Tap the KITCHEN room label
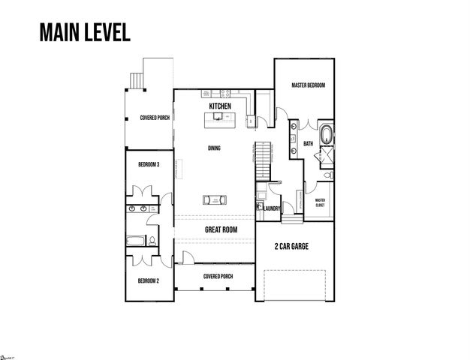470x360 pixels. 220,107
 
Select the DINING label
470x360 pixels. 214,148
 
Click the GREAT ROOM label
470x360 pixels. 221,230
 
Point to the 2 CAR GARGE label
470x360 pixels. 293,245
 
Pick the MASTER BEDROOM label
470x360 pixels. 308,86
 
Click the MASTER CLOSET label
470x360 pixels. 320,202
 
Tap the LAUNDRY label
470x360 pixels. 272,209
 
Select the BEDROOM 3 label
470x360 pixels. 148,164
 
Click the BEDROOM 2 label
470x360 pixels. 148,280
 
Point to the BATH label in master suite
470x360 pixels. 309,143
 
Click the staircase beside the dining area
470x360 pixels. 262,157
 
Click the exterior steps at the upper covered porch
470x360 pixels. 137,79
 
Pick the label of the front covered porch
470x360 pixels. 218,276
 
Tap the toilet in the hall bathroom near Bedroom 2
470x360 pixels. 152,241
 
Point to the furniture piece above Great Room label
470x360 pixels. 215,199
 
